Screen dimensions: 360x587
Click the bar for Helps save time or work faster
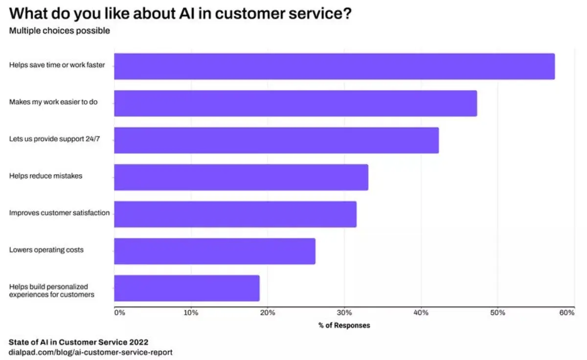[x=334, y=67]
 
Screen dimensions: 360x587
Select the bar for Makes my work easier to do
[x=295, y=103]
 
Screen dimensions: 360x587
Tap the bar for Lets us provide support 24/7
[x=276, y=140]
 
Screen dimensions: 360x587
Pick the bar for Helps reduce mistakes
[x=241, y=177]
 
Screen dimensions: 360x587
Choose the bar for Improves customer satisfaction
[x=235, y=214]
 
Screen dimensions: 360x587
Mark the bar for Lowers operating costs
[x=215, y=251]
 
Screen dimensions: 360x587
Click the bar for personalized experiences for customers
[x=187, y=288]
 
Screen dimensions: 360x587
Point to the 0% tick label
[x=120, y=313]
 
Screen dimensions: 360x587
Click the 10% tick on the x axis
[x=191, y=313]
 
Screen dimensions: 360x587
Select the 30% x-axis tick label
[x=344, y=313]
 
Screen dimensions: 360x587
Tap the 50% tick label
[x=497, y=313]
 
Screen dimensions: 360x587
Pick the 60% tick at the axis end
[x=567, y=313]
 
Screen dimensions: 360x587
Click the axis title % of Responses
[x=344, y=325]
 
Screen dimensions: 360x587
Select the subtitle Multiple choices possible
[x=59, y=31]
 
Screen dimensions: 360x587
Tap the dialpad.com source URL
[x=90, y=352]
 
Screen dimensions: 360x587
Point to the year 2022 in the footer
[x=138, y=341]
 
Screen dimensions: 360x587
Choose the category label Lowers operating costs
[x=46, y=250]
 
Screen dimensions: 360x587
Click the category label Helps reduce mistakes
[x=45, y=176]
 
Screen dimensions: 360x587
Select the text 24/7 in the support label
[x=104, y=139]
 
